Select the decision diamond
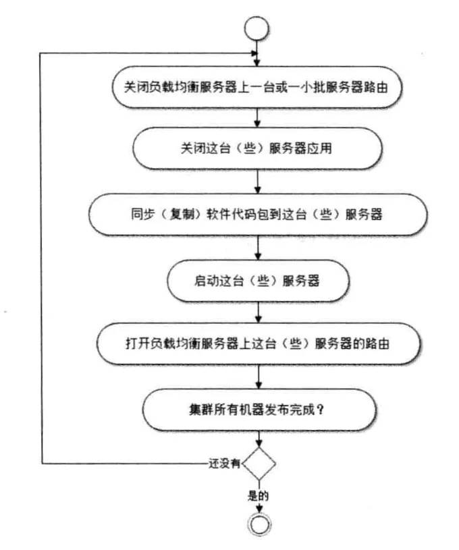tap(259, 464)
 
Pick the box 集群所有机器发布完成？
tap(259, 410)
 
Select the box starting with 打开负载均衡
tap(259, 344)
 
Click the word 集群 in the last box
tap(203, 410)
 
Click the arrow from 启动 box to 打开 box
tap(259, 312)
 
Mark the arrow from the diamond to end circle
tap(259, 505)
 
